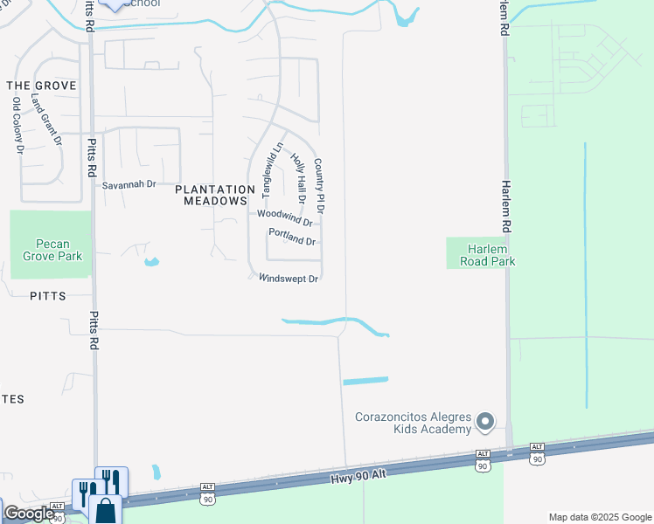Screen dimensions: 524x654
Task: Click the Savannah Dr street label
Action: tap(129, 185)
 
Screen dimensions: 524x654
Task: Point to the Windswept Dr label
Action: tap(288, 279)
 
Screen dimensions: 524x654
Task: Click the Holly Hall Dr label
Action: tap(299, 178)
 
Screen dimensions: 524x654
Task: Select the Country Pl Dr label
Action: tap(319, 186)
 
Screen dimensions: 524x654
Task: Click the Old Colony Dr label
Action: tap(17, 126)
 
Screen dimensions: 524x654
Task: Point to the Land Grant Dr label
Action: tap(47, 121)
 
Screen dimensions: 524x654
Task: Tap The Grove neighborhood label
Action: tap(41, 86)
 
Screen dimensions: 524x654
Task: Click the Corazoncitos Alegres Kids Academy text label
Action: tap(413, 423)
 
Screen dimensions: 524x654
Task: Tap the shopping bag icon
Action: tap(105, 509)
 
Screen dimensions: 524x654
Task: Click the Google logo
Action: tap(29, 514)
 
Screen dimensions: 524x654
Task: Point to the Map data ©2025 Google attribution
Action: tap(600, 517)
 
